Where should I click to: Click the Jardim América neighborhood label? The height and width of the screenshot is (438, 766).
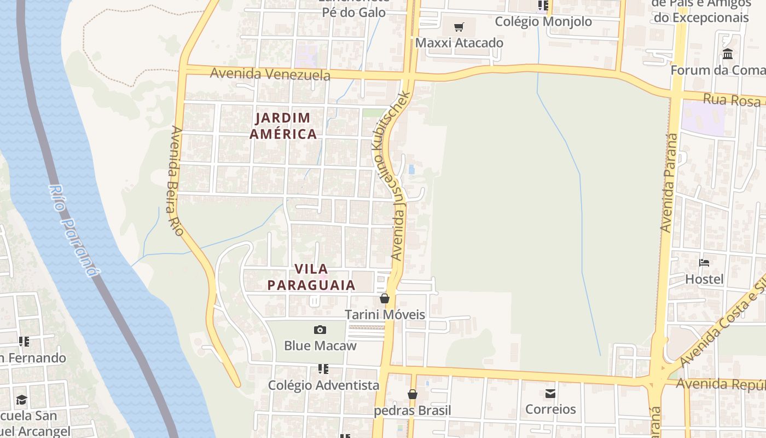tap(283, 126)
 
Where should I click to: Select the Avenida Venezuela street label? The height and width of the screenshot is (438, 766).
tap(270, 74)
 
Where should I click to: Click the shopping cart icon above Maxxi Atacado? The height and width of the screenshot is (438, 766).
tap(459, 27)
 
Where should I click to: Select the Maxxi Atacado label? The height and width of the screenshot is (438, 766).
tap(459, 43)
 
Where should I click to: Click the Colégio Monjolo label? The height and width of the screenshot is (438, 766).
tap(543, 22)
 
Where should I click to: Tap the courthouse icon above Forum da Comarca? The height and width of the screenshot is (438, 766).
tap(728, 54)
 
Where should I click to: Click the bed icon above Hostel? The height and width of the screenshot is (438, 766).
tap(704, 263)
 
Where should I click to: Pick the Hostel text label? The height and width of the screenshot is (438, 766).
tap(704, 279)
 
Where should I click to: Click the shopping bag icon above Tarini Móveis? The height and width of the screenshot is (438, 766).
tap(385, 298)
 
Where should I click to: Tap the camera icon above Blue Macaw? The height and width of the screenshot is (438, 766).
tap(320, 330)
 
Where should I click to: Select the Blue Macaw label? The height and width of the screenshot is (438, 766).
tap(320, 345)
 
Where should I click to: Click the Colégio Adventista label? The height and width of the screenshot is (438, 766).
tap(323, 385)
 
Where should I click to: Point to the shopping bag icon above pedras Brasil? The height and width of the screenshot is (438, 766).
tap(413, 394)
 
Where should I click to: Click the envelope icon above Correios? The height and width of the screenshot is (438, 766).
tap(550, 393)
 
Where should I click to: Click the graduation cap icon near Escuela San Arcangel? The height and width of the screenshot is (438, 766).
tap(21, 400)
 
